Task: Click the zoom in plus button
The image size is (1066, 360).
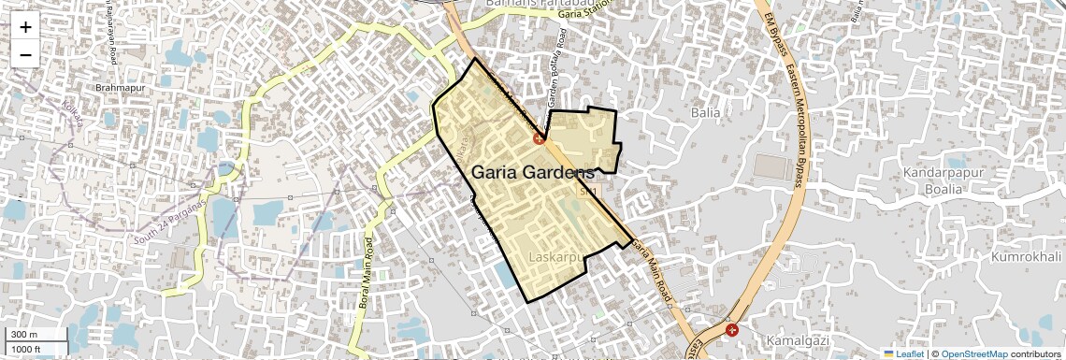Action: click(25, 27)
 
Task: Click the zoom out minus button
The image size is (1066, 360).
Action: click(25, 54)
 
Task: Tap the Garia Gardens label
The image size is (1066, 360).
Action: click(532, 173)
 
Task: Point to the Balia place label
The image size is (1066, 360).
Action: click(705, 112)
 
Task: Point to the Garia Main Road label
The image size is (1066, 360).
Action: click(653, 272)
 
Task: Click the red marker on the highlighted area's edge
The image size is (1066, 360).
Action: click(540, 138)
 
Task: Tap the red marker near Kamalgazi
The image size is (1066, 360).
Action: click(731, 329)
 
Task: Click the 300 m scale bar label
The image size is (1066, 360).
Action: click(24, 335)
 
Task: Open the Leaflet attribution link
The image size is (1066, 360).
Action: click(902, 353)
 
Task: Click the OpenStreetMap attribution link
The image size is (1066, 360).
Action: click(973, 353)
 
